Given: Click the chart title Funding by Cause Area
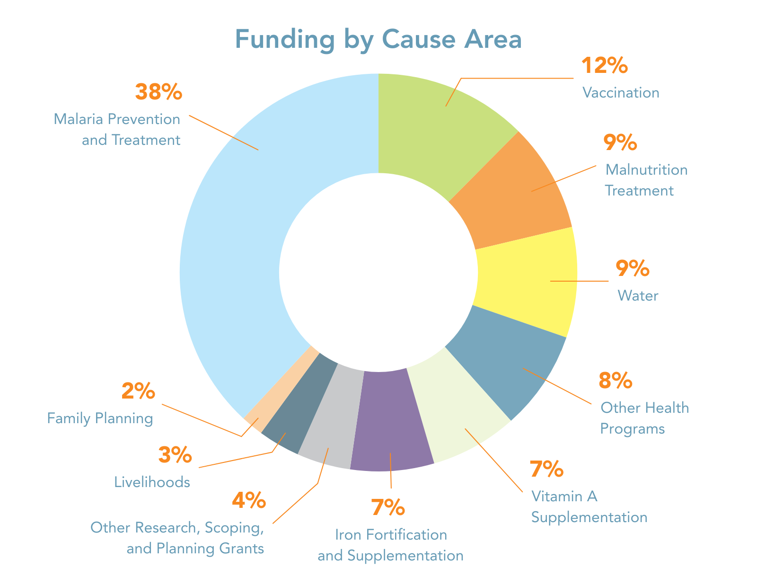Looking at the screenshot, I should click(378, 40).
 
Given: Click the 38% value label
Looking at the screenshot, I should click(158, 92).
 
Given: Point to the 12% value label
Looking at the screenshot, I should click(604, 66).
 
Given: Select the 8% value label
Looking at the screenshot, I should click(616, 381).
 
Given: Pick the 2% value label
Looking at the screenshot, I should click(138, 392).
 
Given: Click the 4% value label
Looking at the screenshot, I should click(249, 501).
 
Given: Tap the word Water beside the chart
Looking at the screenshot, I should click(638, 296).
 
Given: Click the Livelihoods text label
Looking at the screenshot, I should click(152, 482).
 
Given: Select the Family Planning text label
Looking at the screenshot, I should click(100, 419).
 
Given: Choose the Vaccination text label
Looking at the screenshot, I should click(621, 93).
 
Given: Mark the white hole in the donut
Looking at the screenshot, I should click(378, 272).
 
